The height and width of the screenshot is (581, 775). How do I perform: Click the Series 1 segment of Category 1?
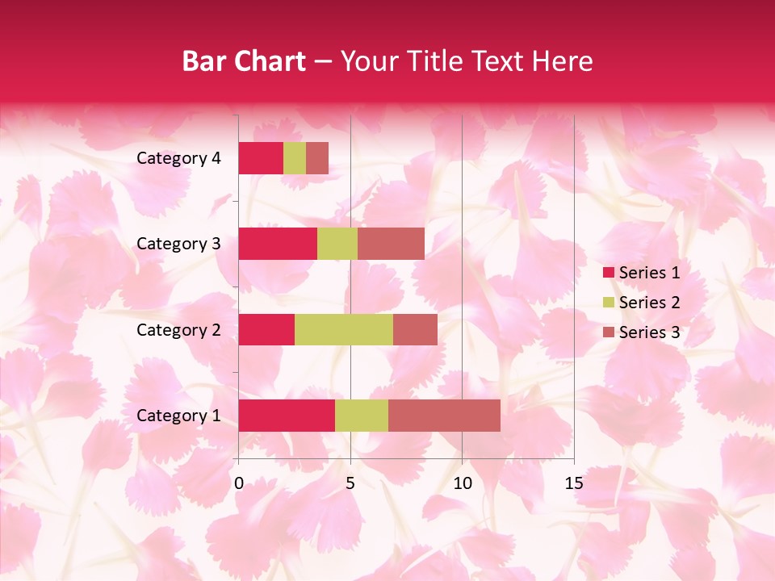click(x=287, y=416)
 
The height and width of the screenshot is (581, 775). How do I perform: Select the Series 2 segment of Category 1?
click(x=362, y=416)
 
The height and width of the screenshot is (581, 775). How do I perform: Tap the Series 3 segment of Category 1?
click(x=444, y=416)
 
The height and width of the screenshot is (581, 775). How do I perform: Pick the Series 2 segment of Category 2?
click(x=344, y=330)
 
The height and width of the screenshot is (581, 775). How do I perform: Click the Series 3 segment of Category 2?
click(x=415, y=330)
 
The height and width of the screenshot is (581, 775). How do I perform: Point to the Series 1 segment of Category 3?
click(x=278, y=244)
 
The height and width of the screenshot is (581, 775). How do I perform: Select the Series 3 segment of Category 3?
click(x=391, y=244)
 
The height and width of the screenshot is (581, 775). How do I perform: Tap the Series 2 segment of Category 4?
click(x=295, y=158)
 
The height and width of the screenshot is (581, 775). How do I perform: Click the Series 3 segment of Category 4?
click(x=317, y=158)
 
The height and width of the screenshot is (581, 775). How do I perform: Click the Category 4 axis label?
click(x=178, y=158)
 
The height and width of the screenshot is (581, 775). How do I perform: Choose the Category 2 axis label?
click(x=178, y=330)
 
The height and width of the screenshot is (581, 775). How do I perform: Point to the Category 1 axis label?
click(x=178, y=416)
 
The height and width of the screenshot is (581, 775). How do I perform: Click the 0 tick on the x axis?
click(x=239, y=483)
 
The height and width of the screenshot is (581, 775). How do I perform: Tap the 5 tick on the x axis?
click(x=350, y=483)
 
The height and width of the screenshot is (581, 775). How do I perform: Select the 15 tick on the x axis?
click(x=573, y=483)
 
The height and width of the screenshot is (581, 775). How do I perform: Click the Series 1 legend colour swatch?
click(x=608, y=273)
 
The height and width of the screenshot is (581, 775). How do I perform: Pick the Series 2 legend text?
click(x=649, y=303)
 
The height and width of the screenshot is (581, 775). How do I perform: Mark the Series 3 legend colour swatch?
click(x=608, y=332)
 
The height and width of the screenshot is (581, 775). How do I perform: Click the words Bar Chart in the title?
click(x=244, y=61)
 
